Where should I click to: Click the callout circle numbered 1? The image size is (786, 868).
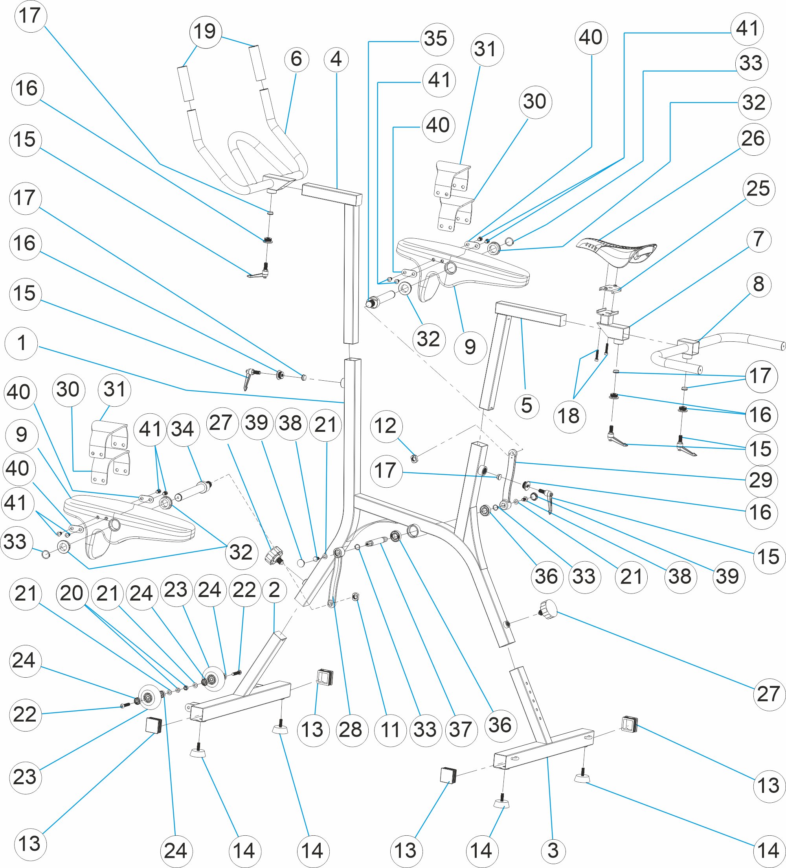pos(21,344)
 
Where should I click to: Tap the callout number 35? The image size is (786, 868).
pos(436,39)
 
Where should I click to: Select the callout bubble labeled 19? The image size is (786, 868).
pos(205,32)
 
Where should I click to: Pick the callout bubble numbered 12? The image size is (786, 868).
pos(386,426)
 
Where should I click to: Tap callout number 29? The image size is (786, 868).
pos(761,481)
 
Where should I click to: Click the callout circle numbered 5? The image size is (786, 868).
pos(527,406)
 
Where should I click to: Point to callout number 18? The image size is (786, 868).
pos(569,416)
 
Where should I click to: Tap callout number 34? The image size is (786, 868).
pos(183,430)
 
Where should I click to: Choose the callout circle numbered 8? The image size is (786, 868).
pos(758,285)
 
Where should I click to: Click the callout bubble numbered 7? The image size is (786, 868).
pos(758,240)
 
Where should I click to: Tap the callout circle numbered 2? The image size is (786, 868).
pos(274,591)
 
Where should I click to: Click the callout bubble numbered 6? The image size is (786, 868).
pos(296,59)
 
